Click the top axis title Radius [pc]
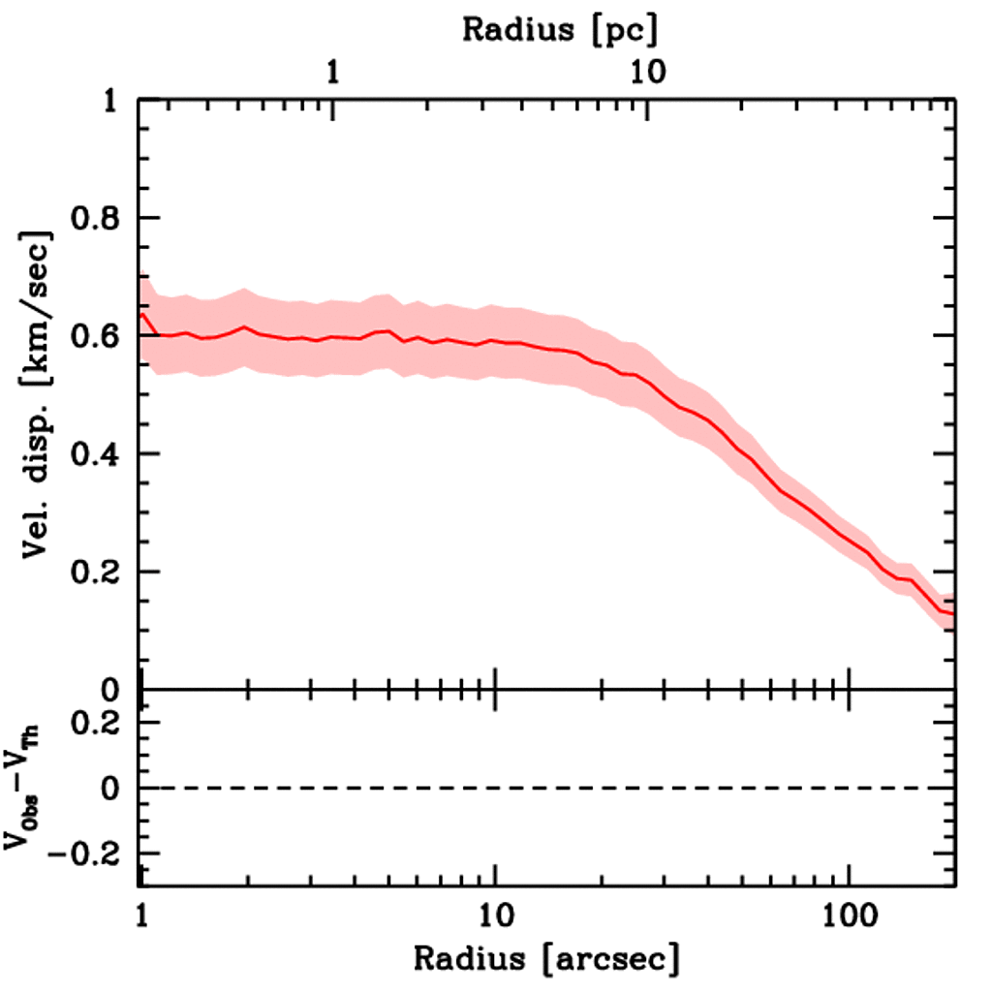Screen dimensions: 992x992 pyautogui.click(x=560, y=29)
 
